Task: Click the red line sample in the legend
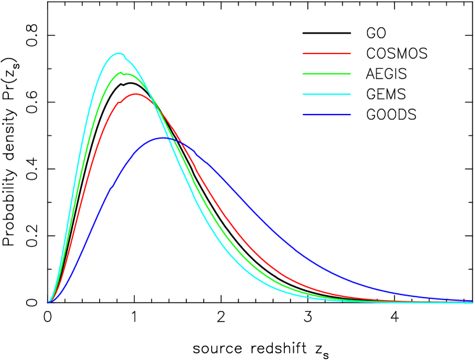[x=326, y=53]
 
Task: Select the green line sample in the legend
[x=326, y=74]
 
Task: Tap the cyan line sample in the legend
[x=326, y=94]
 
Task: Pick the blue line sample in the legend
[x=326, y=114]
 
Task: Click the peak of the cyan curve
[x=118, y=53]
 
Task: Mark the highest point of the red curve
[x=135, y=93]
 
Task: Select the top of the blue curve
[x=165, y=137]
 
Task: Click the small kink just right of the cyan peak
[x=125, y=59]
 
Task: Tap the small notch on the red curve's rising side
[x=119, y=102]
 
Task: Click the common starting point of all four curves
[x=48, y=302]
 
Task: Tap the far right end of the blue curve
[x=472, y=300]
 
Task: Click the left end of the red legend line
[x=303, y=53]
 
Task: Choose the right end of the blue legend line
[x=350, y=114]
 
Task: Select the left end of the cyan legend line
[x=303, y=94]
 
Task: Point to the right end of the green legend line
[x=350, y=74]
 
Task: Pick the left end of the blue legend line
[x=303, y=114]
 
